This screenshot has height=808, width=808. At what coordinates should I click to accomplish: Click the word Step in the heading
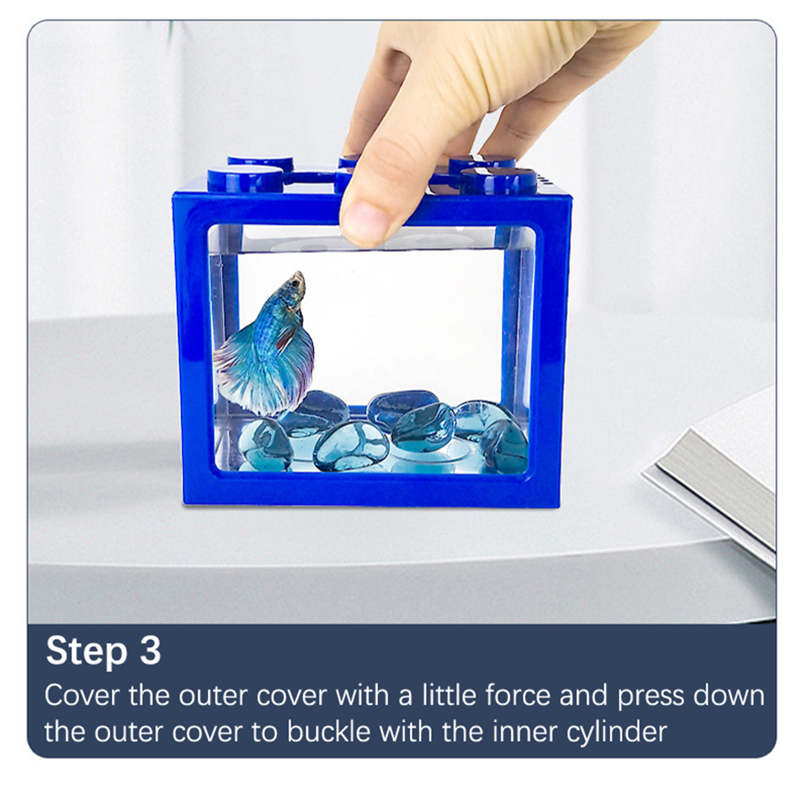pos(86,652)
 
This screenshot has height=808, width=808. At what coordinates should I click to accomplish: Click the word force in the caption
pos(518,695)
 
